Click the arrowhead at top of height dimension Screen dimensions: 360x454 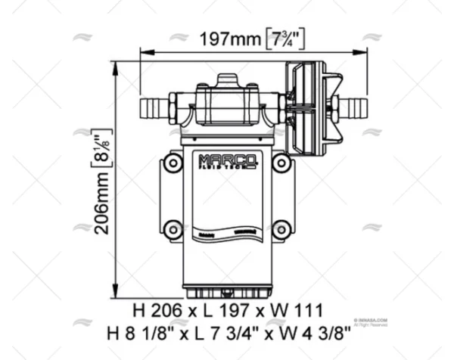coord(115,67)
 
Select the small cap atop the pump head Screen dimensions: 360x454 coord(227,79)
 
